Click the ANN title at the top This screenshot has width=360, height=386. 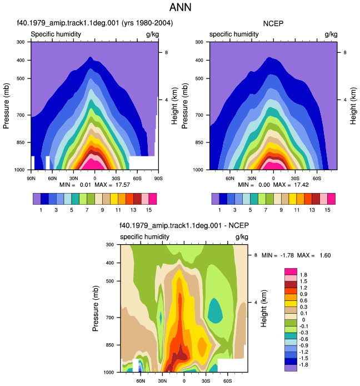click(x=180, y=7)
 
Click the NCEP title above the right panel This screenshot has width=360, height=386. click(x=273, y=23)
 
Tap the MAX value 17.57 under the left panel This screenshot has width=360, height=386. click(x=123, y=185)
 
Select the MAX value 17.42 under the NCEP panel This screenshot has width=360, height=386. click(x=301, y=185)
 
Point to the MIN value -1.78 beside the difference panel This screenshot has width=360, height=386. click(x=287, y=255)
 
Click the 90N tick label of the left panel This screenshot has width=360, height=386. click(x=31, y=178)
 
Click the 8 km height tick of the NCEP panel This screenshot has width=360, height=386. click(x=345, y=52)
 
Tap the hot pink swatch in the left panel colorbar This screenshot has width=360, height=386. click(x=153, y=199)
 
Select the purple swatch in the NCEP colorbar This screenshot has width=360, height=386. click(x=216, y=199)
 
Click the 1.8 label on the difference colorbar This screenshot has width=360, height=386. click(x=303, y=275)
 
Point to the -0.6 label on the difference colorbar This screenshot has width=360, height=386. click(x=303, y=339)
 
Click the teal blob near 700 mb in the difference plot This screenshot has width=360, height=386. click(x=215, y=311)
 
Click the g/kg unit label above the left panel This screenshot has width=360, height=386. click(x=152, y=34)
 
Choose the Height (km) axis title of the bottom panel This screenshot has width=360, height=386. click(x=263, y=309)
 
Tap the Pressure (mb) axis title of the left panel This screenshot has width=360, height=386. click(x=6, y=106)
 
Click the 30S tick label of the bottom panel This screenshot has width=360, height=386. click(x=206, y=381)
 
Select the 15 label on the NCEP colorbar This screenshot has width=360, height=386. click(x=327, y=210)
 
